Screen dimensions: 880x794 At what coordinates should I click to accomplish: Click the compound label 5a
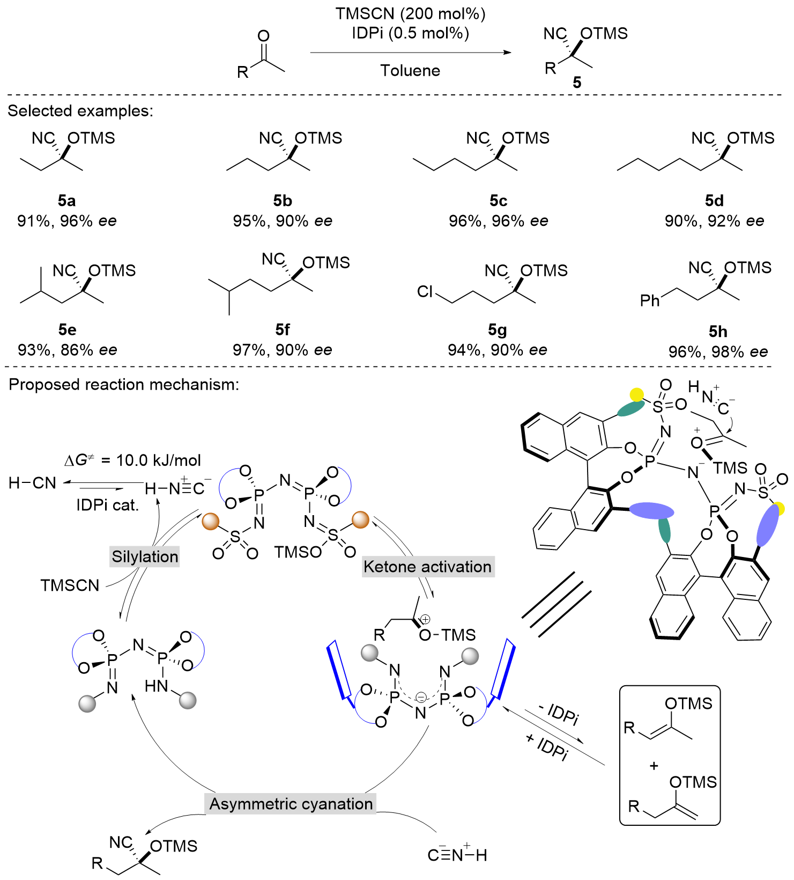pos(66,201)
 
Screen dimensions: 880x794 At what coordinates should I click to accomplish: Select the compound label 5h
pos(717,331)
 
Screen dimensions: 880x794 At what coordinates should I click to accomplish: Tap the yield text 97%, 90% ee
pos(282,350)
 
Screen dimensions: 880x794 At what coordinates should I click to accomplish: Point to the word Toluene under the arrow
pos(410,70)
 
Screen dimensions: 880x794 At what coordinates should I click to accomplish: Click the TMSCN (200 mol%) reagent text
pos(410,13)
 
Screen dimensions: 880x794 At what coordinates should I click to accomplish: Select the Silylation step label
pos(145,556)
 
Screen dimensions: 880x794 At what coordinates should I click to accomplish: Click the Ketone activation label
pos(427,567)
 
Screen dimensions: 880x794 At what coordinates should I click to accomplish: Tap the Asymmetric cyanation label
pos(291,804)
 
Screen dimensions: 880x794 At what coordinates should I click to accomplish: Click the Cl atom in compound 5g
pos(425,291)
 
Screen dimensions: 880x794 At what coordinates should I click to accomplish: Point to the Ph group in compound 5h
pos(650,300)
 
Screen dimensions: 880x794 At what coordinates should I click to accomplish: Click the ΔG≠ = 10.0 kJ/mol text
pos(132,460)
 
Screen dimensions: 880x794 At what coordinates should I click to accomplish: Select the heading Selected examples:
pos(80,111)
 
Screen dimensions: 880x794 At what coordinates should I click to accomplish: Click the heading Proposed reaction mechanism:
pos(124,384)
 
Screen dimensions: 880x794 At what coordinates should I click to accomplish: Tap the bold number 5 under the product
pos(577,82)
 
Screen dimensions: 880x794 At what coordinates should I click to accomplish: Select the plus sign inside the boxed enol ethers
pos(654,766)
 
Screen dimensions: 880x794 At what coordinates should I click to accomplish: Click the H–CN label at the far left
pos(32,483)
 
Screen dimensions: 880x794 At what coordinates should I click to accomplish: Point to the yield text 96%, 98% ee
pos(717,352)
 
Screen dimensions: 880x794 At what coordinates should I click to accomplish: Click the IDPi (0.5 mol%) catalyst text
pos(410,33)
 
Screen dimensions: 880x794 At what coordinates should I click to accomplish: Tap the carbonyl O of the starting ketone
pos(263,36)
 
